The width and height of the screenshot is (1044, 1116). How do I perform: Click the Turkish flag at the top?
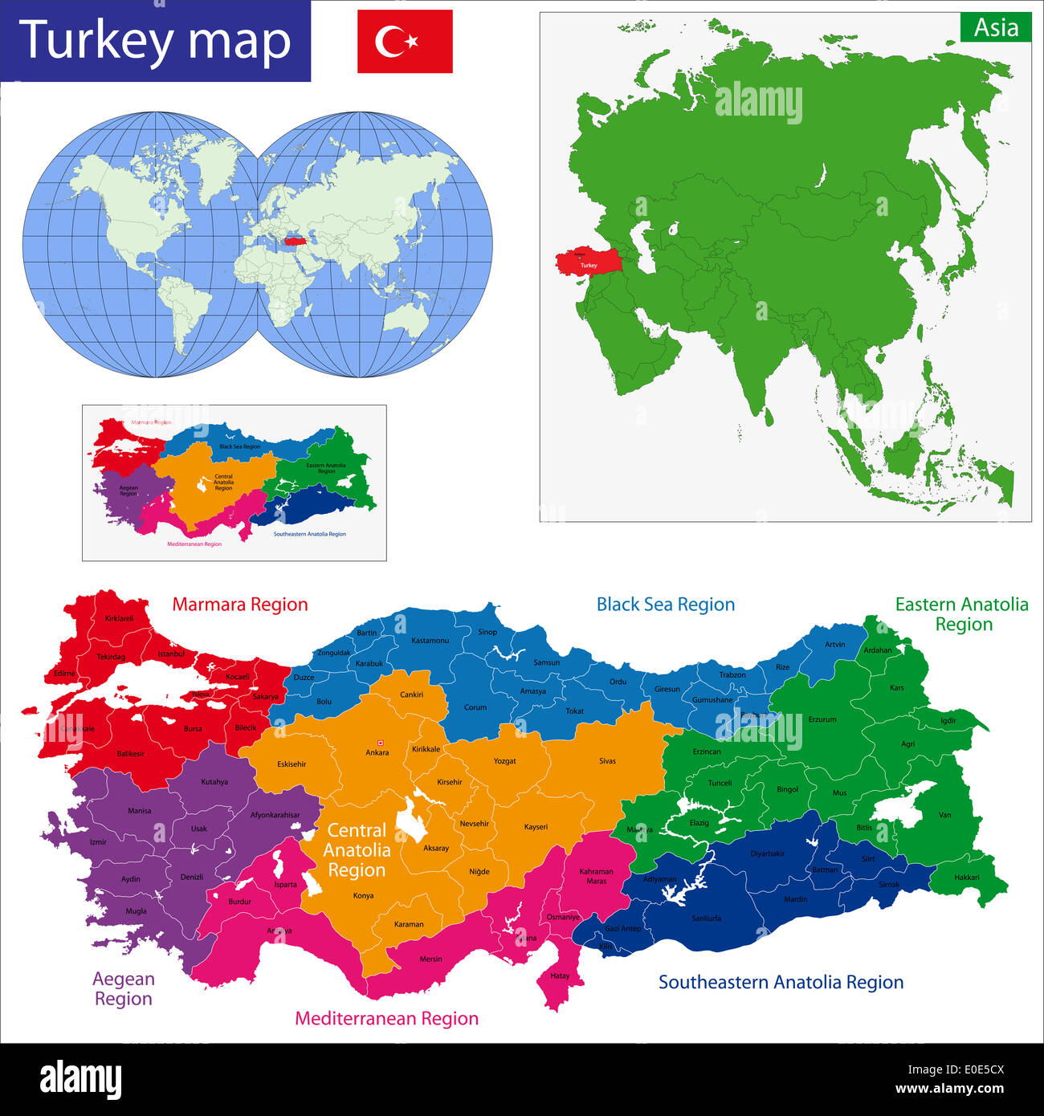click(405, 41)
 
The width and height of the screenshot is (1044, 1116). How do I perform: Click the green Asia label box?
click(996, 28)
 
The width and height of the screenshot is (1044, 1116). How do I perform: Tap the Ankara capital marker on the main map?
click(380, 743)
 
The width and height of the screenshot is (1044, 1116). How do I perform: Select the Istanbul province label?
click(171, 654)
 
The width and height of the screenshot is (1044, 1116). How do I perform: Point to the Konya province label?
click(363, 895)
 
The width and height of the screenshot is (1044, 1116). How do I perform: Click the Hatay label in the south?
click(560, 975)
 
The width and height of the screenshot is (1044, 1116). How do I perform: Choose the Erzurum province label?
click(822, 719)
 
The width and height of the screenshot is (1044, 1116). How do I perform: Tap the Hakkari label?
click(967, 877)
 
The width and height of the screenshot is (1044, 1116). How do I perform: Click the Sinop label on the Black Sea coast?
click(487, 632)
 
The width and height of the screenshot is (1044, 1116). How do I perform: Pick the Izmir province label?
click(98, 841)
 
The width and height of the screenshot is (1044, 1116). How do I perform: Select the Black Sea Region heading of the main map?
click(666, 605)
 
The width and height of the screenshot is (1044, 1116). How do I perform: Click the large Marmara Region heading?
click(240, 605)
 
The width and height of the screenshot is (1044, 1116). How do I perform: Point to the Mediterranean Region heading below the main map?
click(386, 1018)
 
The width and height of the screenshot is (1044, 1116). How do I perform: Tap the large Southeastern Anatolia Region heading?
click(781, 982)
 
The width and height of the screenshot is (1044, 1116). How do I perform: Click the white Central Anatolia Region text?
click(357, 850)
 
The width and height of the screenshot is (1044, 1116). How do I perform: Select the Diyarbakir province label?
click(767, 853)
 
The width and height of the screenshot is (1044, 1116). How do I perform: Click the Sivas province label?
click(607, 760)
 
